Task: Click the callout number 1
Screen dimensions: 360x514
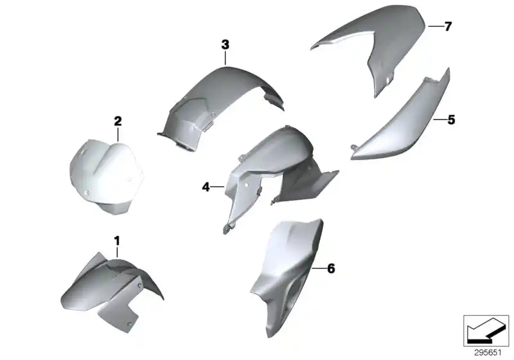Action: pyautogui.click(x=117, y=240)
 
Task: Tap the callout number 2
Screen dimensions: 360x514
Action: pyautogui.click(x=118, y=121)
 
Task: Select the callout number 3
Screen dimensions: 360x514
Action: pyautogui.click(x=225, y=44)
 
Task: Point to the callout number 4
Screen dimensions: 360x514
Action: pyautogui.click(x=206, y=187)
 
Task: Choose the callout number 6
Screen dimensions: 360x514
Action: pyautogui.click(x=331, y=268)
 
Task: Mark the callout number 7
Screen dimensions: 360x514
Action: pyautogui.click(x=448, y=26)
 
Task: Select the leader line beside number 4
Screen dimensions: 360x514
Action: pyautogui.click(x=217, y=187)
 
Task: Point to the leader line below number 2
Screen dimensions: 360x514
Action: pyautogui.click(x=118, y=134)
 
